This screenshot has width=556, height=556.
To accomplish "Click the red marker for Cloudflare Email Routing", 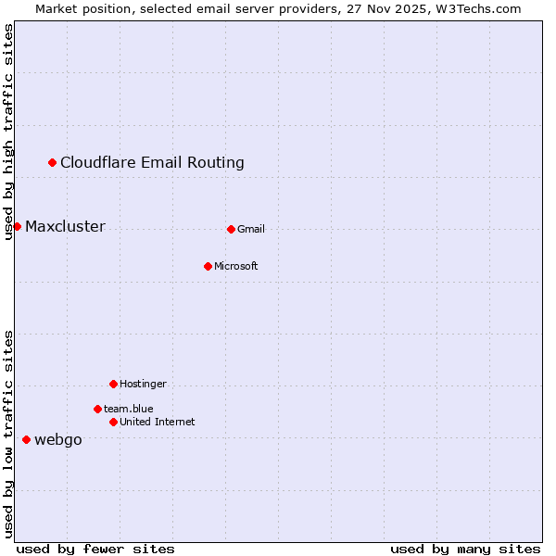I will [53, 163].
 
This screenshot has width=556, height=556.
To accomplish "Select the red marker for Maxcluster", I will [17, 227].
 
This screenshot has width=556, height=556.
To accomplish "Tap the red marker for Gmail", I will [231, 230].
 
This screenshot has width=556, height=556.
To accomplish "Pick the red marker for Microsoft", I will [208, 267].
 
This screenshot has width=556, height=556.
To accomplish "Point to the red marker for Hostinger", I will [113, 385].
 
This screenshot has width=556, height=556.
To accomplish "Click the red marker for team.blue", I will [97, 410].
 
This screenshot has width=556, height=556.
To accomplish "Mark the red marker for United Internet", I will [113, 423].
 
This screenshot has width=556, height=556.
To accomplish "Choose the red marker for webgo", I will [26, 440].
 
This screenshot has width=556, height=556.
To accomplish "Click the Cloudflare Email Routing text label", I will [152, 163].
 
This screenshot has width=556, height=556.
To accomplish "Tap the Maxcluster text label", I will [65, 227].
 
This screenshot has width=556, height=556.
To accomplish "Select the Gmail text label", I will [251, 230].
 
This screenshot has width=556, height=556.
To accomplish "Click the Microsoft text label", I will [236, 267].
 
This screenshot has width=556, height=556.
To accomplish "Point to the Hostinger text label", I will [143, 385].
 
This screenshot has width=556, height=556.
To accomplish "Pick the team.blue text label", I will [129, 410].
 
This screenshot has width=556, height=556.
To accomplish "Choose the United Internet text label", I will [158, 423].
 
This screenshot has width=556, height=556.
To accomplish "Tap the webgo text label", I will [58, 440].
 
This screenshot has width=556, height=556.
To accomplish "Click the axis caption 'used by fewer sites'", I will [95, 549].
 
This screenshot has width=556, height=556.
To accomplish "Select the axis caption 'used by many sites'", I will [465, 549].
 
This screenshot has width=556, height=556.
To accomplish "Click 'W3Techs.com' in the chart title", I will [481, 8].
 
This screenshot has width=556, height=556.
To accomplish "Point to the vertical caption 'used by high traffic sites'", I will [9, 132].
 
